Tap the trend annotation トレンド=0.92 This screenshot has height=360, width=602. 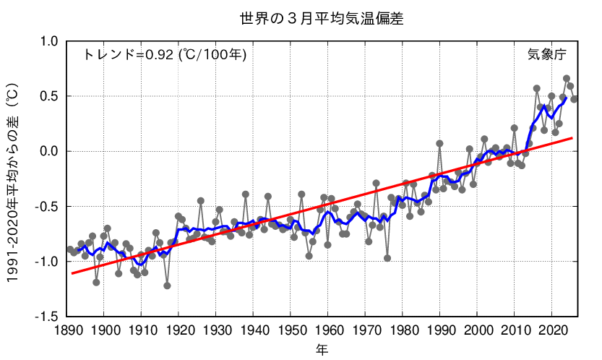[x=165, y=54]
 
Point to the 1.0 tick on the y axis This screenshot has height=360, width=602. [x=48, y=41]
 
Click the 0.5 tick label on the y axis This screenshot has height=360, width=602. [x=48, y=96]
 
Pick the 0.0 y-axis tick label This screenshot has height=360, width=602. [x=48, y=151]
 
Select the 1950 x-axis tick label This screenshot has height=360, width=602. [x=291, y=330]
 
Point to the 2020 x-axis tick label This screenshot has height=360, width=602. [x=551, y=330]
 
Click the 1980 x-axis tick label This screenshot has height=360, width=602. [x=403, y=330]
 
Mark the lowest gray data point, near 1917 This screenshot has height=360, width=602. [x=167, y=286]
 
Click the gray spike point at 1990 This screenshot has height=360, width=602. [x=439, y=143]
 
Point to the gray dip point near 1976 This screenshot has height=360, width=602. [x=387, y=258]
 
